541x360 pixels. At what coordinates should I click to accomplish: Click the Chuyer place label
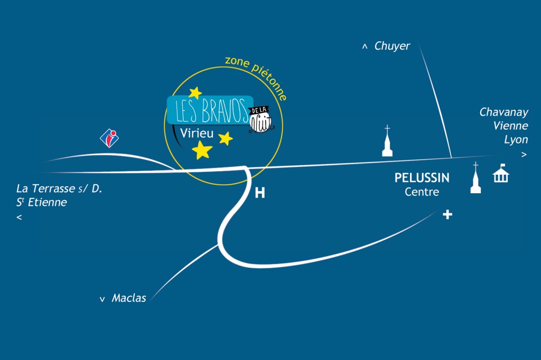pos(392,46)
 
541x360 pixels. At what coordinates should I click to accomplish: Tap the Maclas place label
pos(129,298)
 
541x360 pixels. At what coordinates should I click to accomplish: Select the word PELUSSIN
pos(422,178)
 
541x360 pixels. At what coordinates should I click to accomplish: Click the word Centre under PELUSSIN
pos(422,192)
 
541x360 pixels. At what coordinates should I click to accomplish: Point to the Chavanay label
pos(503,112)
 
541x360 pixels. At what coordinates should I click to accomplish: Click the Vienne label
pos(511,126)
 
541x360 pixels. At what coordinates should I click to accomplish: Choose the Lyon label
pos(516,140)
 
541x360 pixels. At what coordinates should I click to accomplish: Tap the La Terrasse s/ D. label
pos(59,188)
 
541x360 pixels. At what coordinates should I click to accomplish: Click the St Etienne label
pos(41,202)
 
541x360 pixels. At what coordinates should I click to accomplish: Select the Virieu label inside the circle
pos(197,134)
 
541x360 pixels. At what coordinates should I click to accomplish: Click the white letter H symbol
pos(260,193)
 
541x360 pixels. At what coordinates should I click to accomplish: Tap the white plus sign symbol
pos(447,214)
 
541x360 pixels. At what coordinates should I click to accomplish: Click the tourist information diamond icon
pos(109,138)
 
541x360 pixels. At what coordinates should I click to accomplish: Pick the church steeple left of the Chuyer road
pos(387,141)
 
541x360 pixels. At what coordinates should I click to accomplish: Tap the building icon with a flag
pos(501,174)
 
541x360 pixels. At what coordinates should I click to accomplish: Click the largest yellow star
pos(202,150)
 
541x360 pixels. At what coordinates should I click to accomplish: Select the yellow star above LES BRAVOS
pos(195,93)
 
